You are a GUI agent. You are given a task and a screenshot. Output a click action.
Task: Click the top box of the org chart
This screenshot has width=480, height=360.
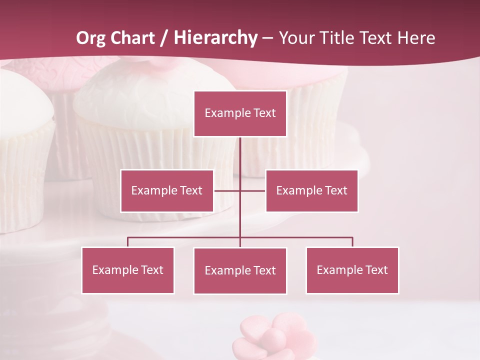(240, 113)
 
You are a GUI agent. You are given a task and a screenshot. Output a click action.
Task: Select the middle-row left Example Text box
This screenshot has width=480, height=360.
(167, 190)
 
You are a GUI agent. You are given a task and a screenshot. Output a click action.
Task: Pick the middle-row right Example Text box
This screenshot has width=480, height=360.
(311, 190)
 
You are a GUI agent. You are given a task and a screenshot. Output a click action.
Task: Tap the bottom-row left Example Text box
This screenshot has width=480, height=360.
(127, 270)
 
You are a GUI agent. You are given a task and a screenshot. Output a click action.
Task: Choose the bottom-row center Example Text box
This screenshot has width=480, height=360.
(240, 270)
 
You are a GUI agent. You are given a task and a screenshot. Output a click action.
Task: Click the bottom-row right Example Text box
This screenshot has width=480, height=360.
(352, 270)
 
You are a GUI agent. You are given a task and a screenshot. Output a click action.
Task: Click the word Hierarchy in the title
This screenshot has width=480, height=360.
(215, 38)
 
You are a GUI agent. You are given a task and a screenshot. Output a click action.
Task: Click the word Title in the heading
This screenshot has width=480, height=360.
(342, 38)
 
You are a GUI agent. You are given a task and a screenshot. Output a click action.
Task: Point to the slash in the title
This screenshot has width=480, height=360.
(163, 38)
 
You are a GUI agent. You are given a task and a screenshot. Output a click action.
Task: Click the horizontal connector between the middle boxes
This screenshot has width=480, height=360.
(227, 190)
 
